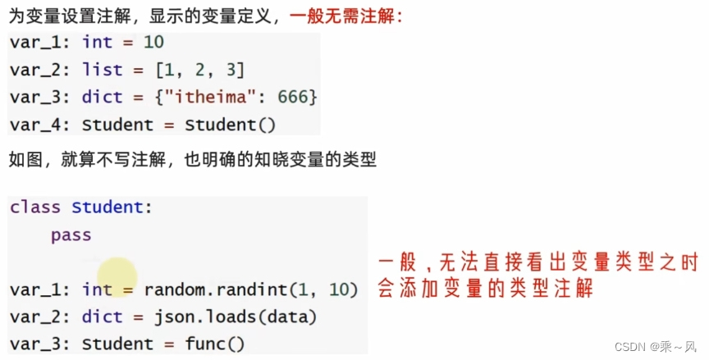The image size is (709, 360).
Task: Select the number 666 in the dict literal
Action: pyautogui.click(x=292, y=97)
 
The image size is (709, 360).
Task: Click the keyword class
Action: pyautogui.click(x=37, y=207)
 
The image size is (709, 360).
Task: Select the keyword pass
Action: pyautogui.click(x=71, y=235)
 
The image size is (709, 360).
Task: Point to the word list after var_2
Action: pyautogui.click(x=103, y=70)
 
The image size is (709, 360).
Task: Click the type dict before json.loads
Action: pyautogui.click(x=103, y=317)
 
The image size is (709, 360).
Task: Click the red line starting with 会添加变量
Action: pyautogui.click(x=484, y=289)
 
